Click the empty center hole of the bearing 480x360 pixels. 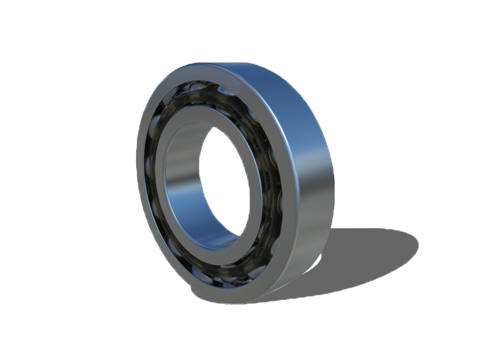225,180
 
